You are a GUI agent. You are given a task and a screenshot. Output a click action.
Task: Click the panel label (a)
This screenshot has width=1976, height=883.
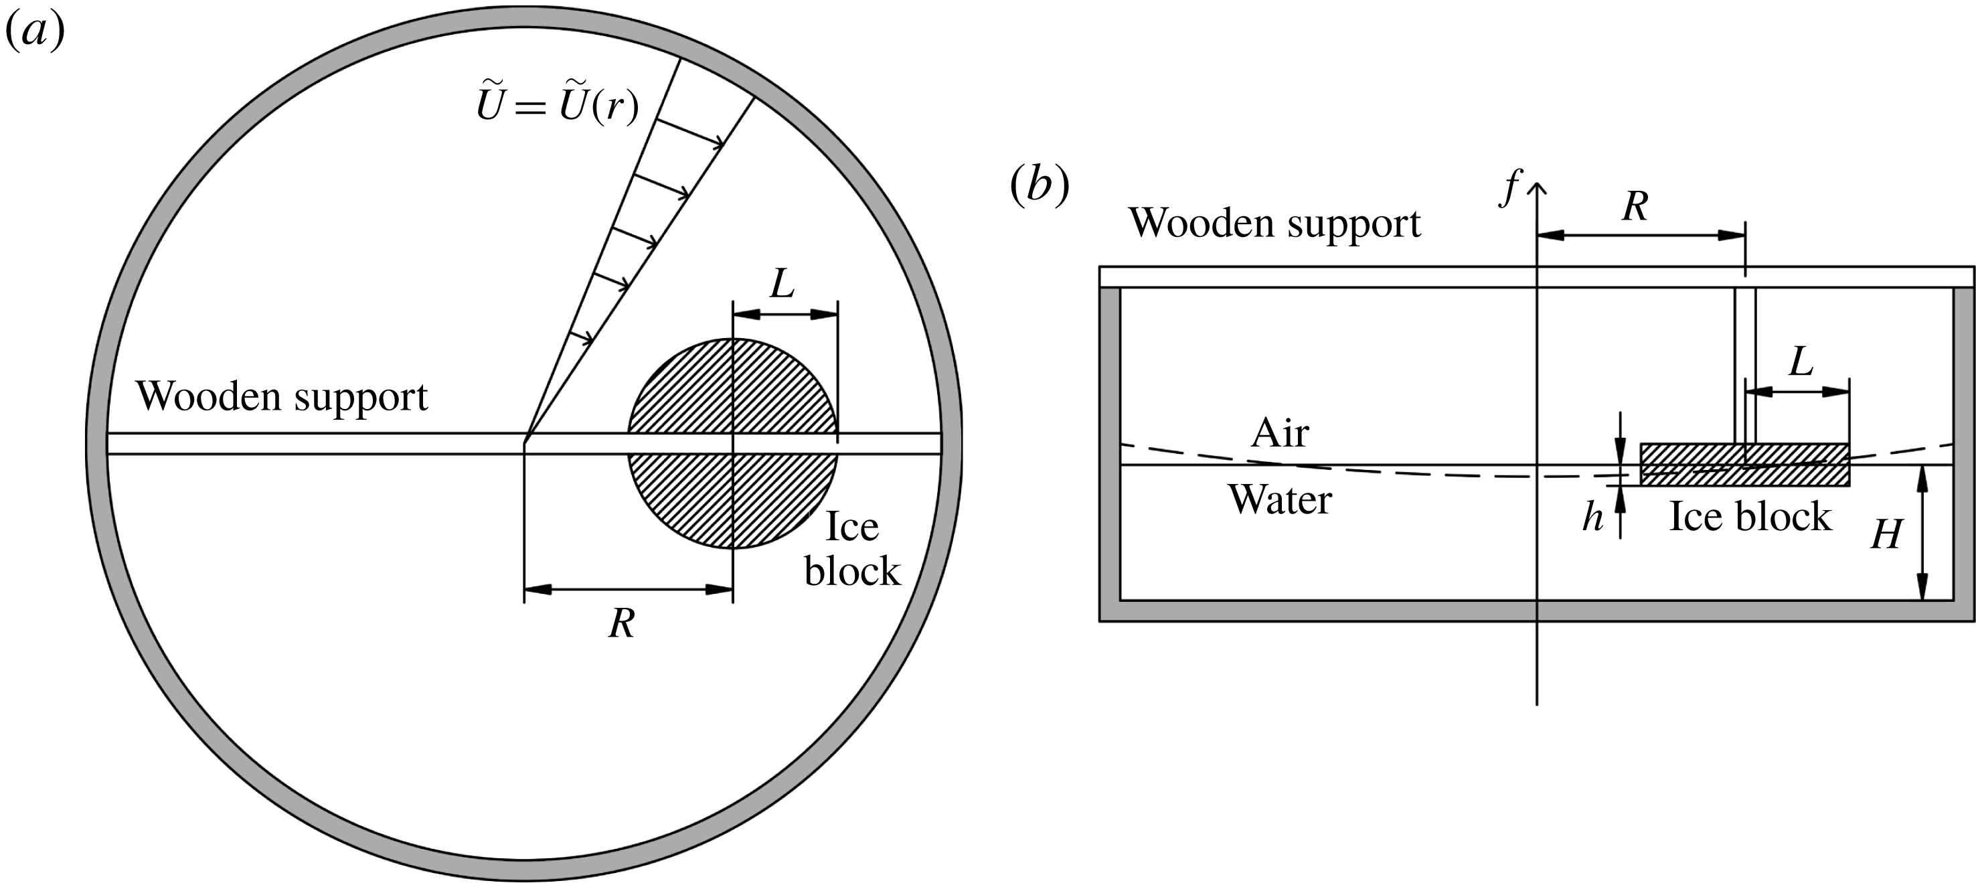pos(35,32)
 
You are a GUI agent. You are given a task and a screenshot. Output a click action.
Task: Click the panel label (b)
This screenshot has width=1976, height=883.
pos(1040,186)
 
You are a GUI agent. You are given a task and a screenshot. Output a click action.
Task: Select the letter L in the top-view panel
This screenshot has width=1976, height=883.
pos(782,285)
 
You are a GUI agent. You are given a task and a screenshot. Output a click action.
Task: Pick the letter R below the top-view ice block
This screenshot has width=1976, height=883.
pos(621,624)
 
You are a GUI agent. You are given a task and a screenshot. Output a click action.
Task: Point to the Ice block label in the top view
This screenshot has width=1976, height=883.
pos(851,548)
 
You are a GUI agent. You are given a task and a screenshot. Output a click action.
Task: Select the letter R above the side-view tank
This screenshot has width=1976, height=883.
pos(1635,206)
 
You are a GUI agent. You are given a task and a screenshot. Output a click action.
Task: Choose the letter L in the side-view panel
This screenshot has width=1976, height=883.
pos(1801,362)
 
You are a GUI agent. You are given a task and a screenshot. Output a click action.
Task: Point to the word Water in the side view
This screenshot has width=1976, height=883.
pos(1279,500)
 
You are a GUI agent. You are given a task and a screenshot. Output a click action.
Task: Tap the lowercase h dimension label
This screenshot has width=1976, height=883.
pos(1592,518)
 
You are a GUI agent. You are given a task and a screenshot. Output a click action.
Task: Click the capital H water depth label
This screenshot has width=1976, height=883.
pos(1886,534)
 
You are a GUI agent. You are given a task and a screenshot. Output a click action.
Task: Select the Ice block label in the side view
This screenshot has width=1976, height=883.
pos(1750,516)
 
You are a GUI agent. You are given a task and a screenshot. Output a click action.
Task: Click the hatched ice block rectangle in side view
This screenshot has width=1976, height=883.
pos(1687,465)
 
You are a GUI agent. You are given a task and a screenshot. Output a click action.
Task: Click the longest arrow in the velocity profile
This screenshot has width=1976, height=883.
pos(690,131)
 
